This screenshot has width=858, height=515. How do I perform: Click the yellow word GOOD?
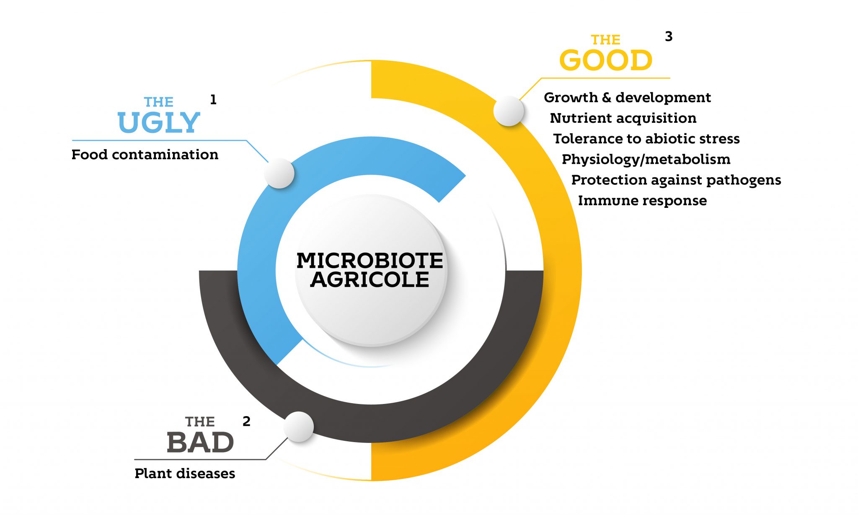(x=606, y=60)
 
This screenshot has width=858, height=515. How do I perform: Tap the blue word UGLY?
(x=159, y=122)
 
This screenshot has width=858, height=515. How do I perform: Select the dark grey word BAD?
(x=200, y=443)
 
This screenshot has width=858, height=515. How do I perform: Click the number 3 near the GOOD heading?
(x=669, y=36)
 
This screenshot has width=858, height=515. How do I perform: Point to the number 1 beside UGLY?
(x=213, y=100)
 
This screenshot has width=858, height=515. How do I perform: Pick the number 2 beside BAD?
(x=246, y=421)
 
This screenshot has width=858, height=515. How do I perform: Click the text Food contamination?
(x=145, y=155)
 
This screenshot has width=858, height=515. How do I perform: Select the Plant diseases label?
(x=185, y=474)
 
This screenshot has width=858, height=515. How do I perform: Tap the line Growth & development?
(x=627, y=98)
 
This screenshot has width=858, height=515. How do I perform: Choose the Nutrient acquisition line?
(x=623, y=118)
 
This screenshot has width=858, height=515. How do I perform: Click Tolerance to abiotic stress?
(x=646, y=139)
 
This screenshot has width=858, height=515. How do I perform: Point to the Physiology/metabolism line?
(x=646, y=159)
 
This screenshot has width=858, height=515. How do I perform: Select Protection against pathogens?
(x=676, y=180)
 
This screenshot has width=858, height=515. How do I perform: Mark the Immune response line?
(x=642, y=201)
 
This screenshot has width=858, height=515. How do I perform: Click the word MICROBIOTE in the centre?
(x=370, y=260)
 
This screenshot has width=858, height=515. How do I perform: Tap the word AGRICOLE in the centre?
(x=370, y=280)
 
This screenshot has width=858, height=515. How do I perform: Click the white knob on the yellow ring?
(x=509, y=111)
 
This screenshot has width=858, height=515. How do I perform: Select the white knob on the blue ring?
(x=279, y=173)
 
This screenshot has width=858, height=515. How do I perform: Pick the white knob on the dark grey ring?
(x=299, y=427)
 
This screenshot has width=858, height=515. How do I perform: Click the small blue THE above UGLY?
(x=158, y=102)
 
